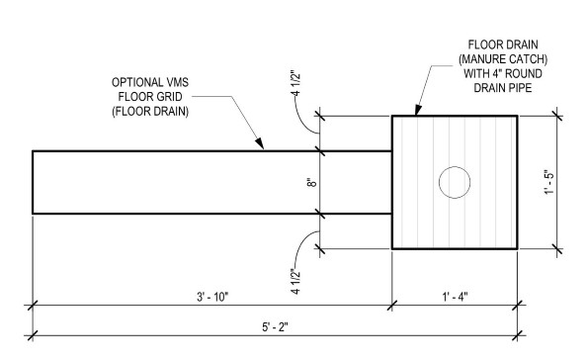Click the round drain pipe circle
pyautogui.click(x=454, y=182)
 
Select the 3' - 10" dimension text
pyautogui.click(x=212, y=296)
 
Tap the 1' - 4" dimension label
pyautogui.click(x=455, y=296)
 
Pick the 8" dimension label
pyautogui.click(x=309, y=182)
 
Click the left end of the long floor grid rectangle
pyautogui.click(x=33, y=182)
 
